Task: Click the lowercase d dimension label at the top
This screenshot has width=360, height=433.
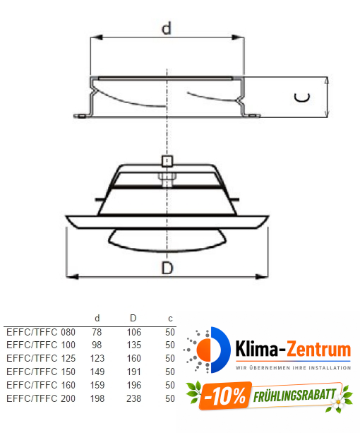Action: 167,28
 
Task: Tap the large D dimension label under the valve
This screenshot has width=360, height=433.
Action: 167,268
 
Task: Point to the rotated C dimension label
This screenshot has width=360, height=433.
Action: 300,98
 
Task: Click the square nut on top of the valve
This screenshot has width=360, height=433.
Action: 167,160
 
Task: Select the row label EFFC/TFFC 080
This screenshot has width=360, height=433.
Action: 40,331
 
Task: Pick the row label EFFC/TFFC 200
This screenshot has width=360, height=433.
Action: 40,398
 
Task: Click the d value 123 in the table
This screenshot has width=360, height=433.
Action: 97,358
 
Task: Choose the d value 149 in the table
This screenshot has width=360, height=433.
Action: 97,372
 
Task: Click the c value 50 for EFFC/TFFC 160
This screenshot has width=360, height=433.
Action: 169,385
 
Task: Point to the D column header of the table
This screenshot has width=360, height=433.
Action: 133,319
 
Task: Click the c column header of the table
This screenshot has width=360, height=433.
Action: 169,319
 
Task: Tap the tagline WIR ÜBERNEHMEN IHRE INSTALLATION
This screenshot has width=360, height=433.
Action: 293,367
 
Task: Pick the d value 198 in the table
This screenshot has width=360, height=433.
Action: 97,398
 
